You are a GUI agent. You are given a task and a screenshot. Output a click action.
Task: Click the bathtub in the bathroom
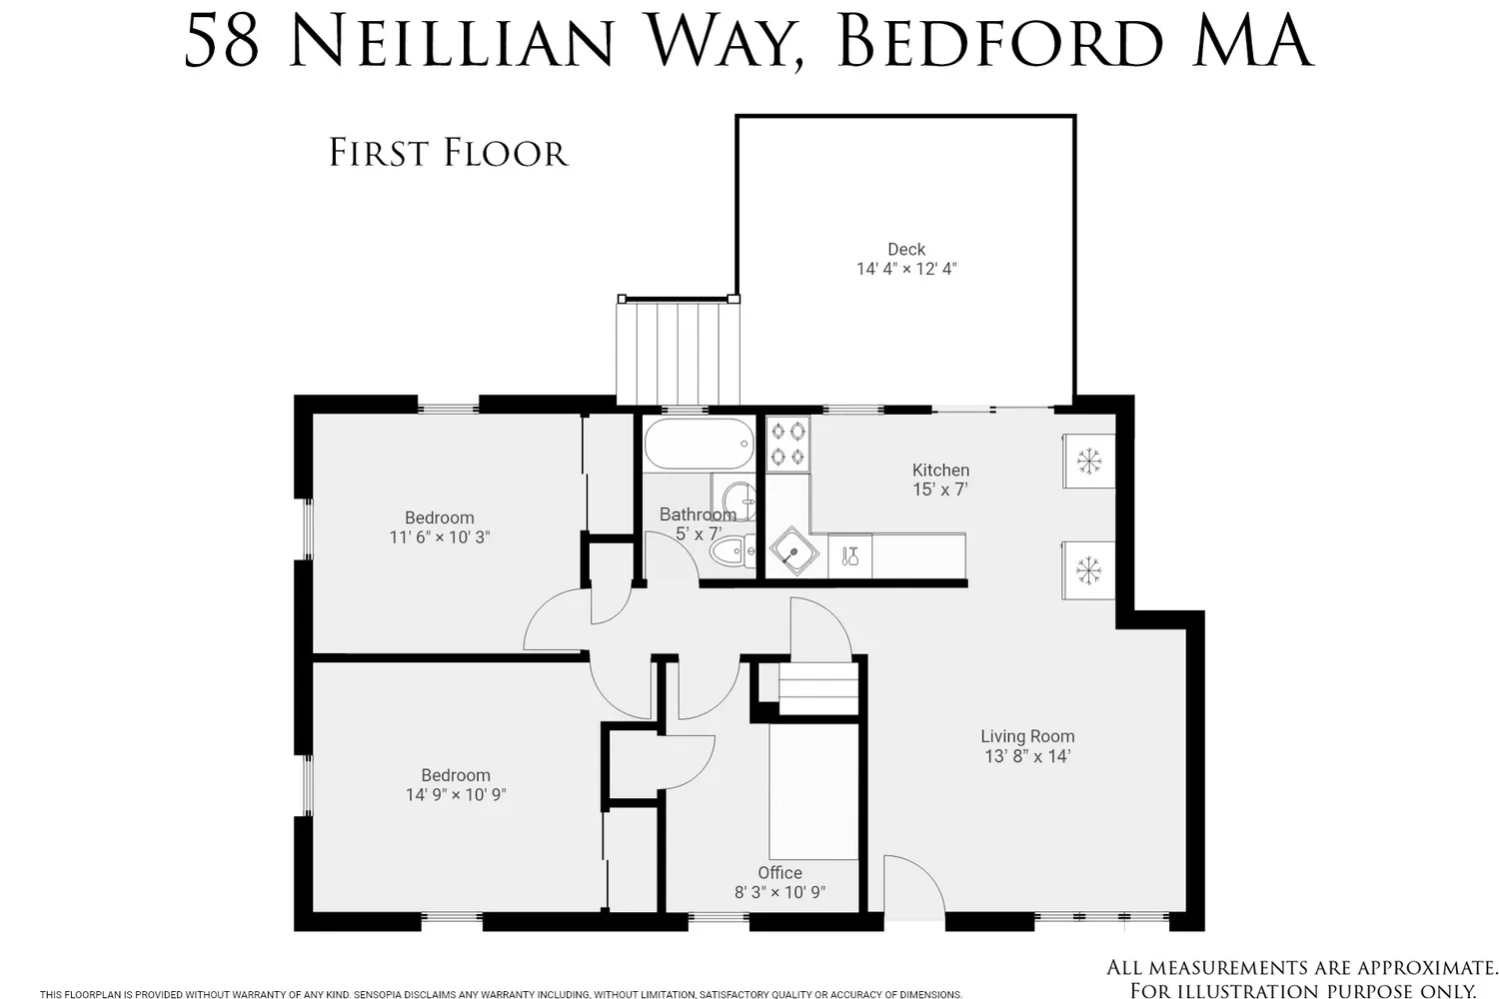[699, 445]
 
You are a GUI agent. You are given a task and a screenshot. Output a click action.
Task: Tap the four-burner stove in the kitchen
[787, 444]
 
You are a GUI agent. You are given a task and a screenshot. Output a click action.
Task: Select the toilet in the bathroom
[735, 550]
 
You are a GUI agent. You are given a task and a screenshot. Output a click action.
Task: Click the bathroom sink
[738, 496]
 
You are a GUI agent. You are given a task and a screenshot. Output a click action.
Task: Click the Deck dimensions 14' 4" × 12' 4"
[906, 269]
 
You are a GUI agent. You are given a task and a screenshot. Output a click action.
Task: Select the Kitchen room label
[940, 470]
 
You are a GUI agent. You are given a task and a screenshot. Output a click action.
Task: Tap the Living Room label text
[1027, 736]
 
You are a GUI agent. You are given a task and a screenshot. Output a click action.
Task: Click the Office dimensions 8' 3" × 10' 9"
[779, 892]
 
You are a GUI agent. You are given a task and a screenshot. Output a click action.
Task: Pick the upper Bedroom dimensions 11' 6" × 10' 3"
[440, 537]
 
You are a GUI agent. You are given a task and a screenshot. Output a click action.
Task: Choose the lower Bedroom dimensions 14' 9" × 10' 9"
[456, 795]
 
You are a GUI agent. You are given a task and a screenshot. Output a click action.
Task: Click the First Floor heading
[449, 153]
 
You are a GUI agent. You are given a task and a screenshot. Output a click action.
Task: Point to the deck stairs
[678, 352]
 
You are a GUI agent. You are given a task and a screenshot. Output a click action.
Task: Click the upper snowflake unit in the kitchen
[1088, 461]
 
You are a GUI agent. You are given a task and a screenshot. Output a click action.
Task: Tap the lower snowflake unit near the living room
[1088, 570]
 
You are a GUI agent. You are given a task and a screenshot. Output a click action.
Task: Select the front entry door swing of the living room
[911, 886]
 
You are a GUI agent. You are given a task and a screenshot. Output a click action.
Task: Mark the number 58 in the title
[222, 42]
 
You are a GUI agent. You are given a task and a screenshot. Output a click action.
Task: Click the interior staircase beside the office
[817, 689]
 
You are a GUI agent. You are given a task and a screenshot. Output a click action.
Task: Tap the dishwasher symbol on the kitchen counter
[850, 556]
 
